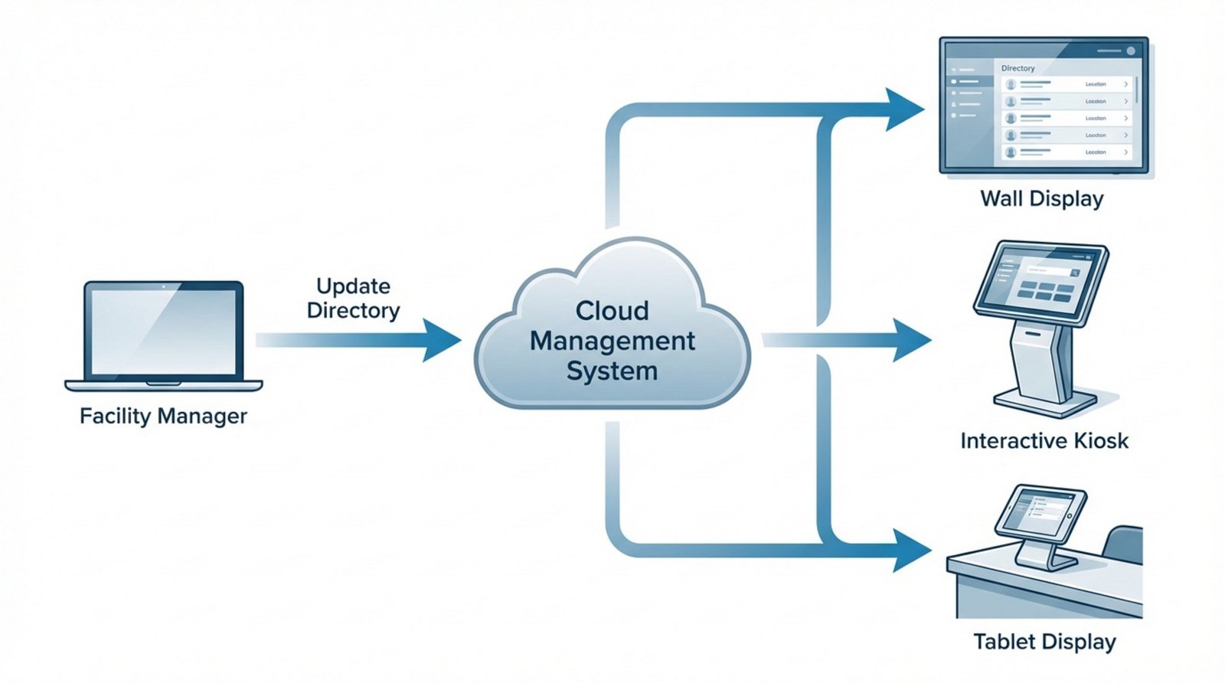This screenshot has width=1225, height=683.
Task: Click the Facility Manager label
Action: pos(163,416)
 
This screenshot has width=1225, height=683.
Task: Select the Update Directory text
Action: pos(353,298)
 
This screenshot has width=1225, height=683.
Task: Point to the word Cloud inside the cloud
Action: pos(612,310)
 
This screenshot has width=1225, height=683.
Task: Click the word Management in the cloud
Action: pos(612,341)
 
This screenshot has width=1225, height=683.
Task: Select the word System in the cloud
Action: pos(612,371)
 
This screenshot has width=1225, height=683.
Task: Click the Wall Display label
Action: pos(1042,199)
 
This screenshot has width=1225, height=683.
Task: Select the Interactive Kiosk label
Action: pos(1044,441)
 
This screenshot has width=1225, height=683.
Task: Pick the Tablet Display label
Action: pos(1044,642)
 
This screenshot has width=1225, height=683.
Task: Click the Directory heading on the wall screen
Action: pos(1018,68)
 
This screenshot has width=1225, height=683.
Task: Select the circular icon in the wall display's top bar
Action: pos(1131,51)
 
